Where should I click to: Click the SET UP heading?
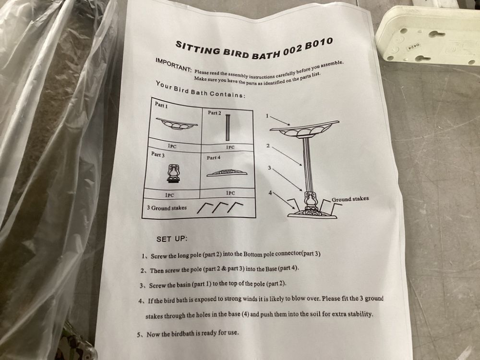[x=171, y=239]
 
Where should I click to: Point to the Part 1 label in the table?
[x=161, y=105]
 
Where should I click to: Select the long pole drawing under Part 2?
[x=228, y=127]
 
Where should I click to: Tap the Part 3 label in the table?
[x=157, y=154]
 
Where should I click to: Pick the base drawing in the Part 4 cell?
[x=227, y=173]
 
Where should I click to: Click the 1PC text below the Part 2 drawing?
[x=230, y=147]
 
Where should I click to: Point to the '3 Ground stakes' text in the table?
[x=167, y=208]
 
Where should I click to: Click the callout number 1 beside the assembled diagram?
[x=267, y=116]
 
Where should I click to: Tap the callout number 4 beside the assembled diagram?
[x=270, y=192]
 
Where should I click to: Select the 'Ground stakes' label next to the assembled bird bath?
[x=350, y=199]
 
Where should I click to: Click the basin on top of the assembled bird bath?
[x=304, y=129]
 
